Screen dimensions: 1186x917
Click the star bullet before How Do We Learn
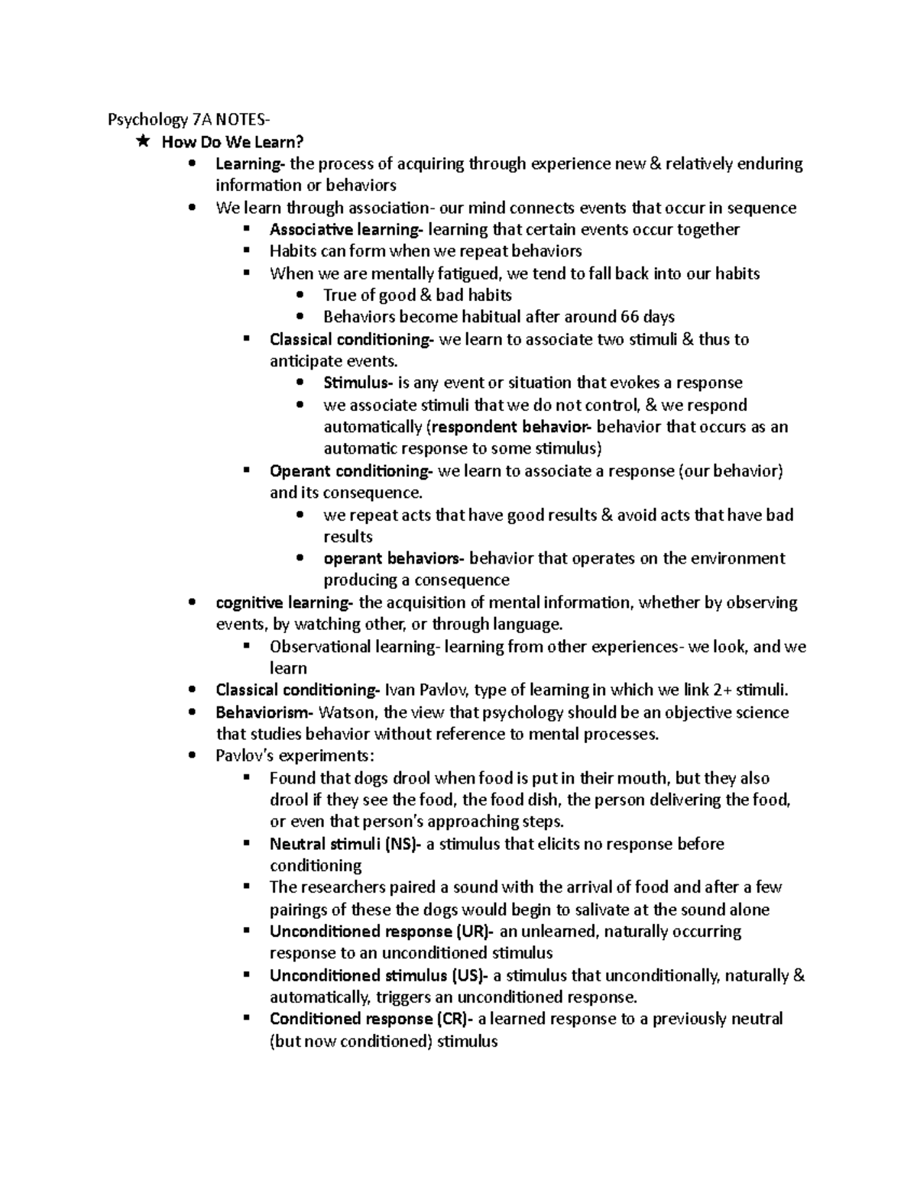point(142,141)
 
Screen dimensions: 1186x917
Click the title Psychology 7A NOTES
point(188,120)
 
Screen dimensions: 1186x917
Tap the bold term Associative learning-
point(345,229)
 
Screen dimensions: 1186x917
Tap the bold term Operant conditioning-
point(352,471)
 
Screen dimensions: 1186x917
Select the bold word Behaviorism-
point(264,713)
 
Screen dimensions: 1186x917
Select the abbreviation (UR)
point(475,932)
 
